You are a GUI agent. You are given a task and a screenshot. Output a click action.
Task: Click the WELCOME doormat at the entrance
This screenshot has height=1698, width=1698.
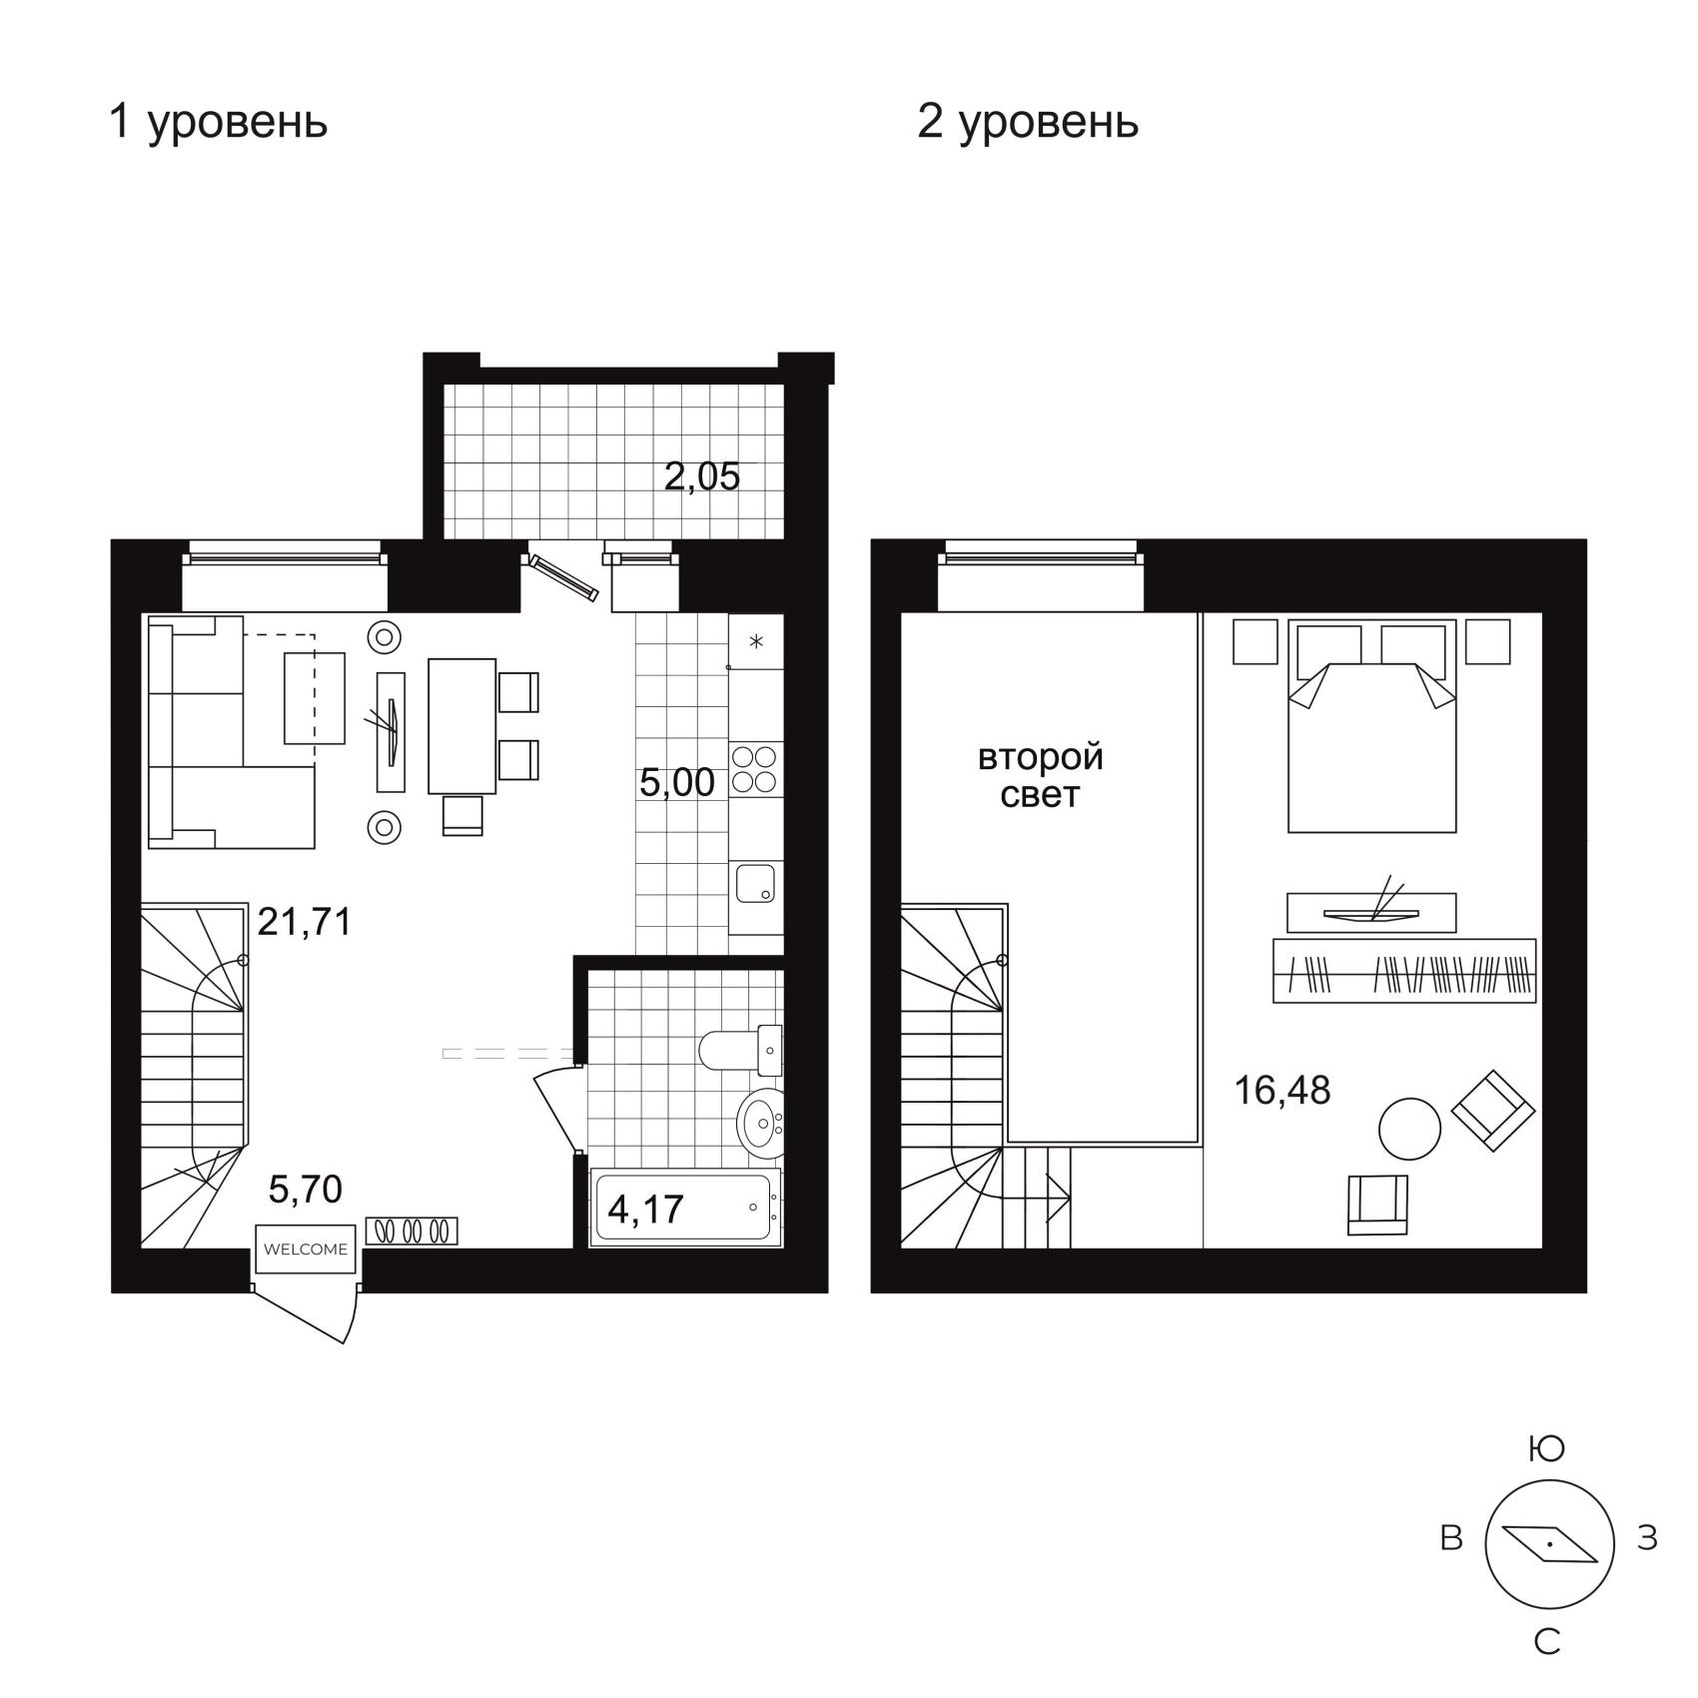(306, 1249)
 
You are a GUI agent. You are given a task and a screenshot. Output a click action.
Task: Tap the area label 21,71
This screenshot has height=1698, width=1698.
(305, 921)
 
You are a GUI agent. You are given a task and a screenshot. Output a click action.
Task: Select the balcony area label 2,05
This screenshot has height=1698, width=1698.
(702, 476)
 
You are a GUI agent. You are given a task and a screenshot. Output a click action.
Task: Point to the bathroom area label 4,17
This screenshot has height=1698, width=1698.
(645, 1210)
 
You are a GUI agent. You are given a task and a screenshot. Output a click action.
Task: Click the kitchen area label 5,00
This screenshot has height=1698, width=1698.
(677, 782)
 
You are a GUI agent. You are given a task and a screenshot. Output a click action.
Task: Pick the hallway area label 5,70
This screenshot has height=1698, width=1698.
(306, 1189)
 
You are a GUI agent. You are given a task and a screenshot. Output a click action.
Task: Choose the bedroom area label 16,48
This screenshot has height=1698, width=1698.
(1282, 1090)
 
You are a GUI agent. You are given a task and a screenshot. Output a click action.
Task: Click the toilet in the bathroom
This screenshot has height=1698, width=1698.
(740, 1049)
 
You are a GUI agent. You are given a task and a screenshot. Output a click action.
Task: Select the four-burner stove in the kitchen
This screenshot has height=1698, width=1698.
(756, 768)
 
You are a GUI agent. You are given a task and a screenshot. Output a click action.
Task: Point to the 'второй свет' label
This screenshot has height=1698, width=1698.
(1041, 776)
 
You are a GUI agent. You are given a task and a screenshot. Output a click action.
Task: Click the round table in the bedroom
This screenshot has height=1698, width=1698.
(1409, 1129)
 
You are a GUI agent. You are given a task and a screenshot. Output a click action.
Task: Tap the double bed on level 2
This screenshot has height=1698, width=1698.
(1372, 725)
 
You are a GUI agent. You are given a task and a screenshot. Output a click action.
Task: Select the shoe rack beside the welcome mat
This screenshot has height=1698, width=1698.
(412, 1231)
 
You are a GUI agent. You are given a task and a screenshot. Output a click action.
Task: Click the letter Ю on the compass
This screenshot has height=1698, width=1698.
(1547, 1449)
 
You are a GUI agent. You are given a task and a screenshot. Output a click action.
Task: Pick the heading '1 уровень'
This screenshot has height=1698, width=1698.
(218, 123)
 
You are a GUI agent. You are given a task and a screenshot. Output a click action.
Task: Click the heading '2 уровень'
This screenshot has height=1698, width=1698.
(1028, 123)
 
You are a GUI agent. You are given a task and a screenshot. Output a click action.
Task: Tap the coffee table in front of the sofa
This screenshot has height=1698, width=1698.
(315, 698)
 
